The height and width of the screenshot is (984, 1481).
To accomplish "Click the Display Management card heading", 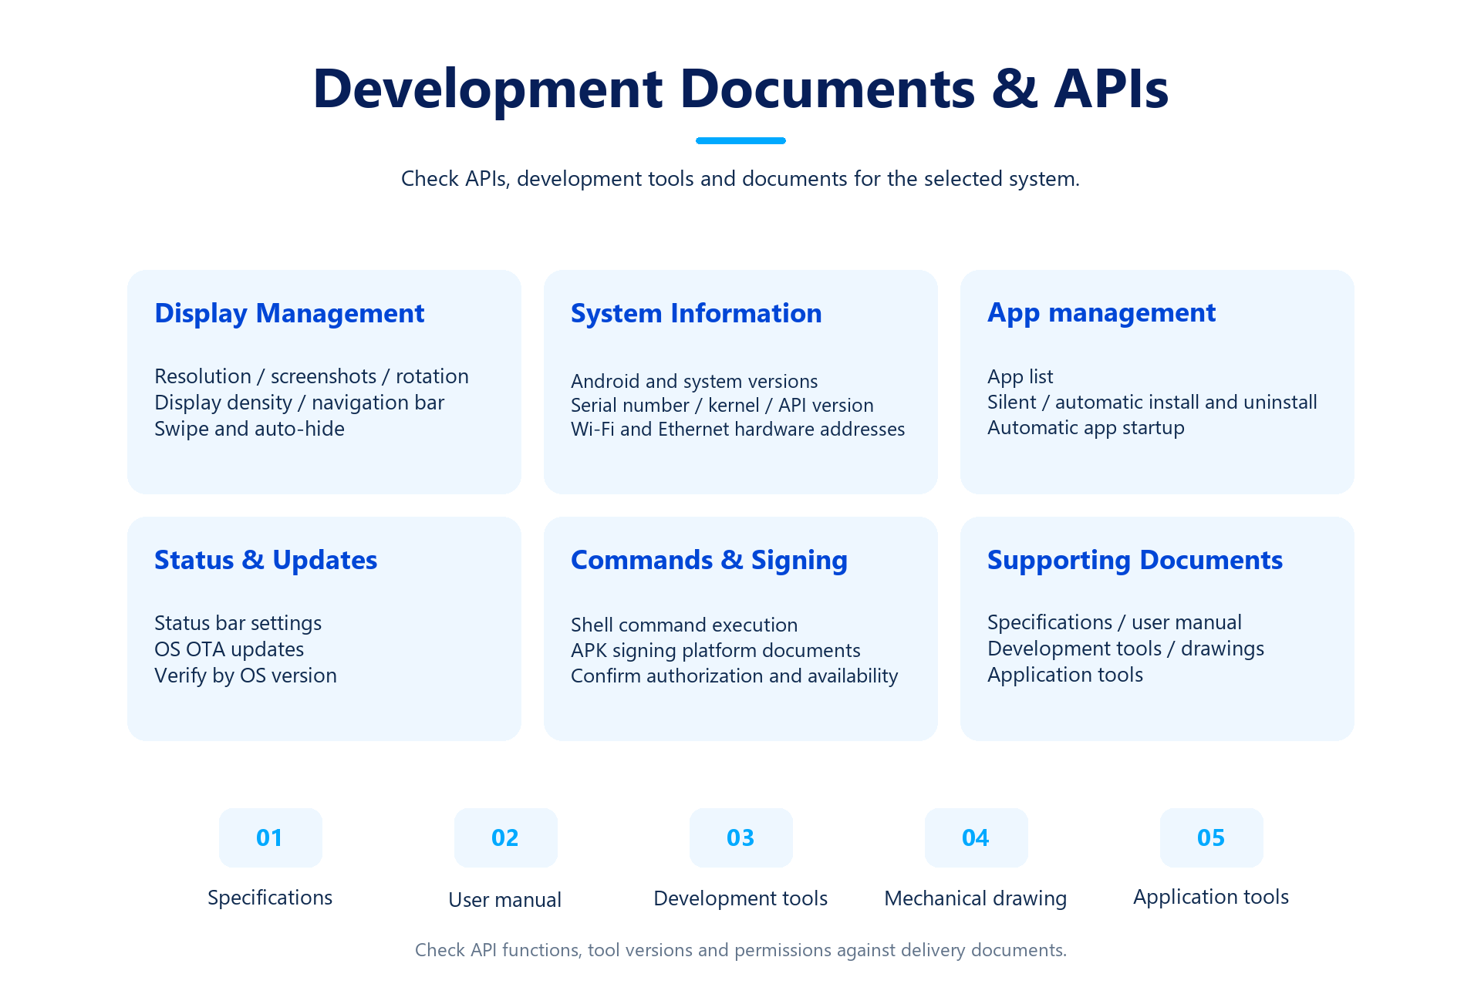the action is tap(289, 314).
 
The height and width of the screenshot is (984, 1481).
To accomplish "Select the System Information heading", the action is tap(696, 313).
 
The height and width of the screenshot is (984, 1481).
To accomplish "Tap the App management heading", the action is tap(1101, 313).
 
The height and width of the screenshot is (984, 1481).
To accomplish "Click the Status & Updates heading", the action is tap(265, 560).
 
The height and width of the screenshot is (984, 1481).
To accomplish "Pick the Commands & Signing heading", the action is tap(709, 561).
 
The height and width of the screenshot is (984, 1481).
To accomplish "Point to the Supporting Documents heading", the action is tap(1135, 561).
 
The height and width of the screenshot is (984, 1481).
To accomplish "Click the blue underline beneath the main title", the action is tap(740, 140).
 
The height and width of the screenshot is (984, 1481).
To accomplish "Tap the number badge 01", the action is tap(270, 837).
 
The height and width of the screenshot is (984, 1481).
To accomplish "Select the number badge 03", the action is tap(740, 837).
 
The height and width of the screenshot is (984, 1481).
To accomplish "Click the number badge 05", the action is tap(1211, 837).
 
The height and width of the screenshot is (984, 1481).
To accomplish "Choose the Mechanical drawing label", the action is tap(975, 898).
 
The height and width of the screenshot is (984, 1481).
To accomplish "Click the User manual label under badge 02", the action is tap(504, 900).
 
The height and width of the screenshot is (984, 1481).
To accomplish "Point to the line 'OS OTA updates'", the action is tap(229, 649).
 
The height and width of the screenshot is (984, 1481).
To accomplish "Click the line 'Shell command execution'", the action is tap(684, 625).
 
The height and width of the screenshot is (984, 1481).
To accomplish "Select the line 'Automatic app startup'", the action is tap(1085, 428).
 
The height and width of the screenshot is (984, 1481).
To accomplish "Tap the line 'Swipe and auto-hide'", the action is tap(249, 429).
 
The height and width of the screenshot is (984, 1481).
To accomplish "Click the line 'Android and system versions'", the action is tap(694, 382).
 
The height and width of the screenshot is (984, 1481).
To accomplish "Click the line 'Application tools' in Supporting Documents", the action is tap(1065, 675).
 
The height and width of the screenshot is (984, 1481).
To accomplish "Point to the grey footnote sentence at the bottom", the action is tap(740, 950).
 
